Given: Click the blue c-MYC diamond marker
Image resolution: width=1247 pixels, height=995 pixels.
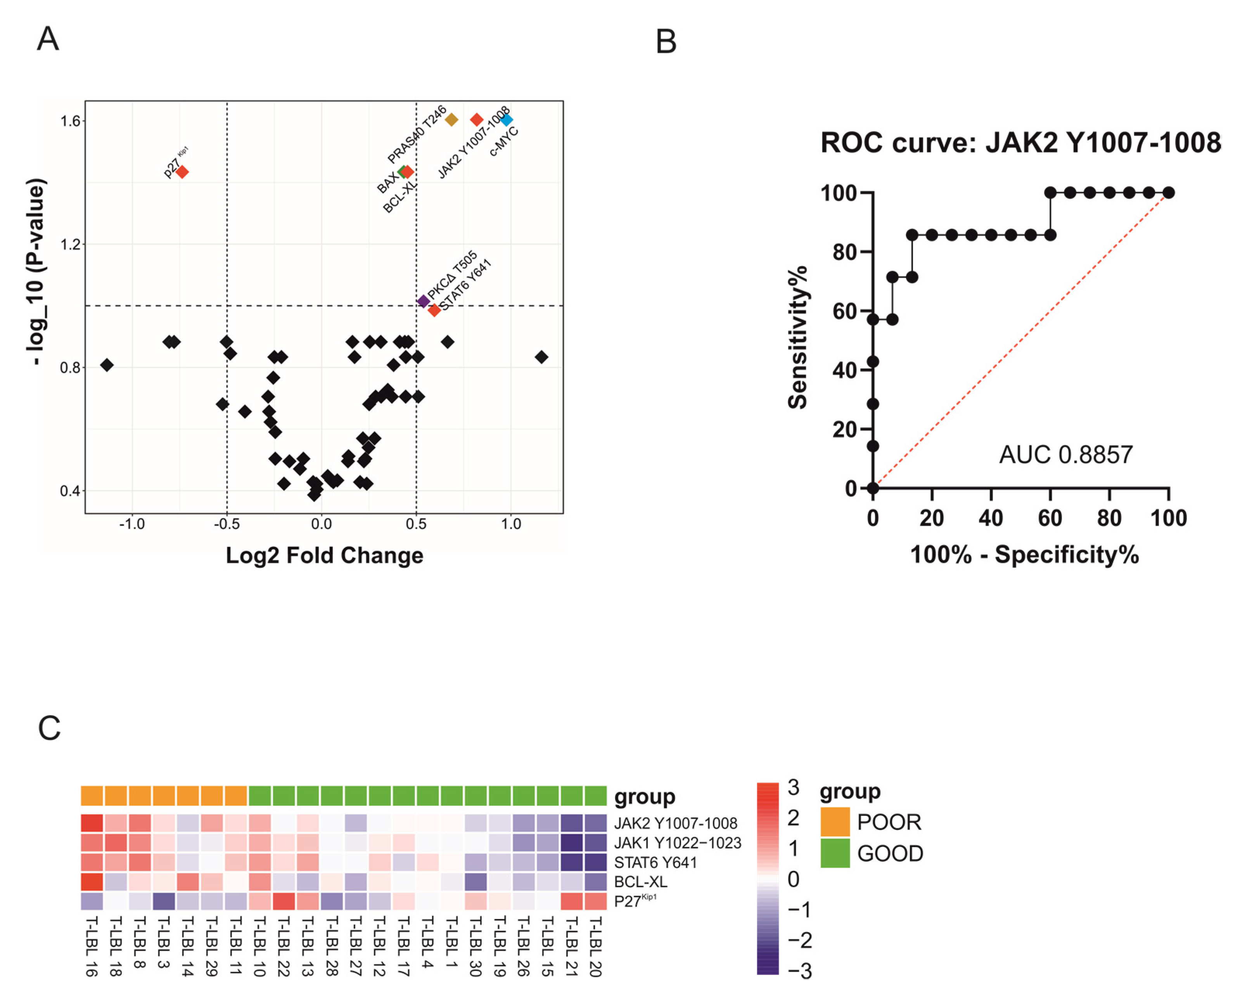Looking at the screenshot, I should click(506, 120).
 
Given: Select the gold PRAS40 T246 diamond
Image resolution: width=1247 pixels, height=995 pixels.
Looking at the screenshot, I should click(451, 120).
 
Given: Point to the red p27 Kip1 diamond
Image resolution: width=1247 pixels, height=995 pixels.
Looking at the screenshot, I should click(182, 172).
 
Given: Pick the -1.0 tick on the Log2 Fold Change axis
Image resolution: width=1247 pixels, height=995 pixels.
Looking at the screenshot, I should click(132, 524).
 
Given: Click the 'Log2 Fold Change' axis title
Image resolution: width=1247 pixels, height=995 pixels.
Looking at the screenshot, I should click(325, 555).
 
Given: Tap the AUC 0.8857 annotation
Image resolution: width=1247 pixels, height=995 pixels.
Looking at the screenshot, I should click(1065, 455).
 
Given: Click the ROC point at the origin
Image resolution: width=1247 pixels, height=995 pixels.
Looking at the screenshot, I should click(873, 488).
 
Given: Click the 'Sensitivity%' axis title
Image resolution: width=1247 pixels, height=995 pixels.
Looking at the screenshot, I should click(797, 338).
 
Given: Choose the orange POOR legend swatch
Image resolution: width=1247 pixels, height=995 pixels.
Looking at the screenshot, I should click(835, 822).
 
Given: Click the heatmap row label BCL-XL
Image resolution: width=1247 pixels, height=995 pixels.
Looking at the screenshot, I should click(640, 882).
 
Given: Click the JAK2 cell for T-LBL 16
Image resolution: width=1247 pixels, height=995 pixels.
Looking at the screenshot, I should click(92, 823).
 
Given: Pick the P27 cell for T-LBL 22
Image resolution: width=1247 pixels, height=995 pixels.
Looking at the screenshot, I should click(284, 901).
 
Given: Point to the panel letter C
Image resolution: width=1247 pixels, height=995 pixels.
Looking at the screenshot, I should click(49, 728).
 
